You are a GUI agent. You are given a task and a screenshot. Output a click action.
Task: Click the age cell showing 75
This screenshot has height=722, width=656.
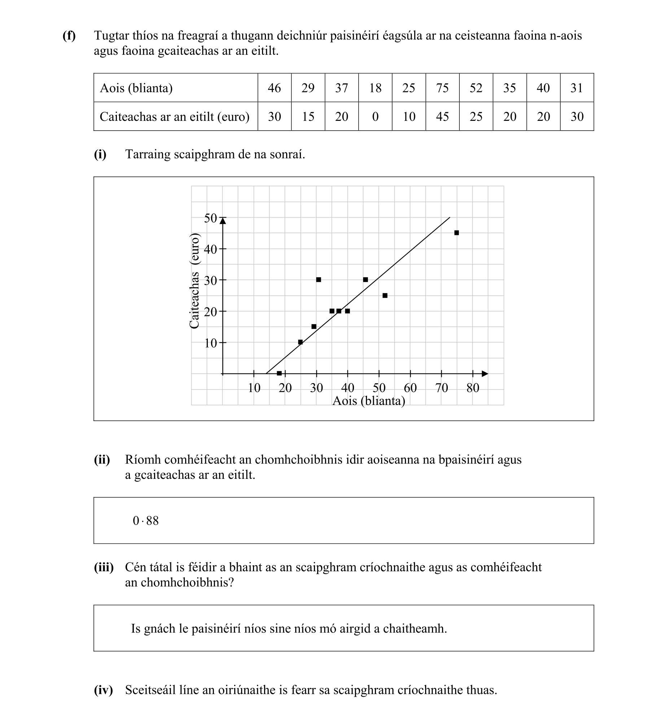442,88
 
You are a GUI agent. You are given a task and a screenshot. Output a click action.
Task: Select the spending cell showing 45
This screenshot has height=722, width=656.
442,117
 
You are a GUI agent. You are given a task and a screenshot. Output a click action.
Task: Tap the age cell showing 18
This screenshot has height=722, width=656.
375,88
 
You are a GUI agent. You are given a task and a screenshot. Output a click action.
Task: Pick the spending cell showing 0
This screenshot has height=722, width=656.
375,117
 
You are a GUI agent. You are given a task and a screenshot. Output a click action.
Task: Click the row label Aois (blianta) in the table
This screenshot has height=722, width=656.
136,88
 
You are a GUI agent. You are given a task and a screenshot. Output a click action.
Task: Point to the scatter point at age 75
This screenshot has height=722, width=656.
456,233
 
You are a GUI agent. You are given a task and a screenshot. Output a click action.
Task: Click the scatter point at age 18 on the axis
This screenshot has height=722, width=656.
279,373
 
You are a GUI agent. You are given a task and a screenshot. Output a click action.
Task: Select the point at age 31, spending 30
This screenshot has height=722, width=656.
318,280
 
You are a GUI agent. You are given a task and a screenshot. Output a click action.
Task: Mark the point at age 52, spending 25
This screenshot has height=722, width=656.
385,296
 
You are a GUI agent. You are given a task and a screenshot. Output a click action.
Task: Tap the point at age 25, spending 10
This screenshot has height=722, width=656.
300,342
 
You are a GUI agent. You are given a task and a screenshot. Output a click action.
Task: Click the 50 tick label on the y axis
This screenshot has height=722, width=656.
210,218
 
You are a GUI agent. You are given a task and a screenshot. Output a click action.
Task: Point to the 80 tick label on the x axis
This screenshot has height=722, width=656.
473,388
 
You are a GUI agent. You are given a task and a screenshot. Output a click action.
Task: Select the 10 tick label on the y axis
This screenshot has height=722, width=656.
210,343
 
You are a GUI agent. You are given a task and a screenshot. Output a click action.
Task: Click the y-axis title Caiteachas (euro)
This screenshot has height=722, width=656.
194,281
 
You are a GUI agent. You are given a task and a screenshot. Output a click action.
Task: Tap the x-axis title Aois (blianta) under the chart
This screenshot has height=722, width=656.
368,401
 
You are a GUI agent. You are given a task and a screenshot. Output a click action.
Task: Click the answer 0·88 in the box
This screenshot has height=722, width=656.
145,521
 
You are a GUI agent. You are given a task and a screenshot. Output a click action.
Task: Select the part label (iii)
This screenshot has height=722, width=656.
104,568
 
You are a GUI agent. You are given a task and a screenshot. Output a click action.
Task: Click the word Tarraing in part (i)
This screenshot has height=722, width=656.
148,154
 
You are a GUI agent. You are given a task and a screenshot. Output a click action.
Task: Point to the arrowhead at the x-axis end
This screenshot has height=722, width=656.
485,374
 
